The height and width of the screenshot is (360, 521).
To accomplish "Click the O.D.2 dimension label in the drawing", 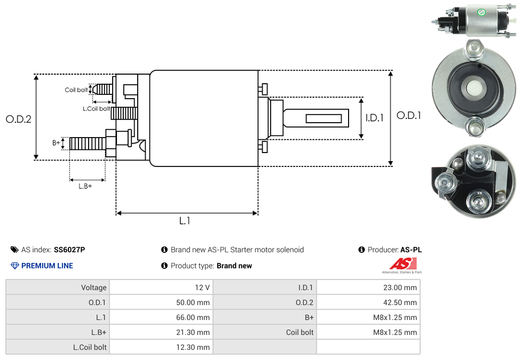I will (x=19, y=119).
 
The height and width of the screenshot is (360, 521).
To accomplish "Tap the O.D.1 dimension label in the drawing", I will (x=409, y=115).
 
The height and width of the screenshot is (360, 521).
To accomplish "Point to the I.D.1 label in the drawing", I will (x=375, y=118).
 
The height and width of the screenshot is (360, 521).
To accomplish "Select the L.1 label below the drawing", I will (x=185, y=221).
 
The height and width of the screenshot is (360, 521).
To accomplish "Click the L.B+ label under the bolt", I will (x=85, y=186).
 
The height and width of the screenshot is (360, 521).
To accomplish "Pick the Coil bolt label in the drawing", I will (x=76, y=90).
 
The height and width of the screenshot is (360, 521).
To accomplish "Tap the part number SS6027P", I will (x=69, y=250).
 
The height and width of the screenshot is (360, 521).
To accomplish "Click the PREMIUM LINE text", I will (x=47, y=266).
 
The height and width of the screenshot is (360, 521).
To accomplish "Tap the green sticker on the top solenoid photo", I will (x=481, y=12).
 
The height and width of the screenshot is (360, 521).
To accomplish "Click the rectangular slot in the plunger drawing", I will (x=324, y=118).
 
